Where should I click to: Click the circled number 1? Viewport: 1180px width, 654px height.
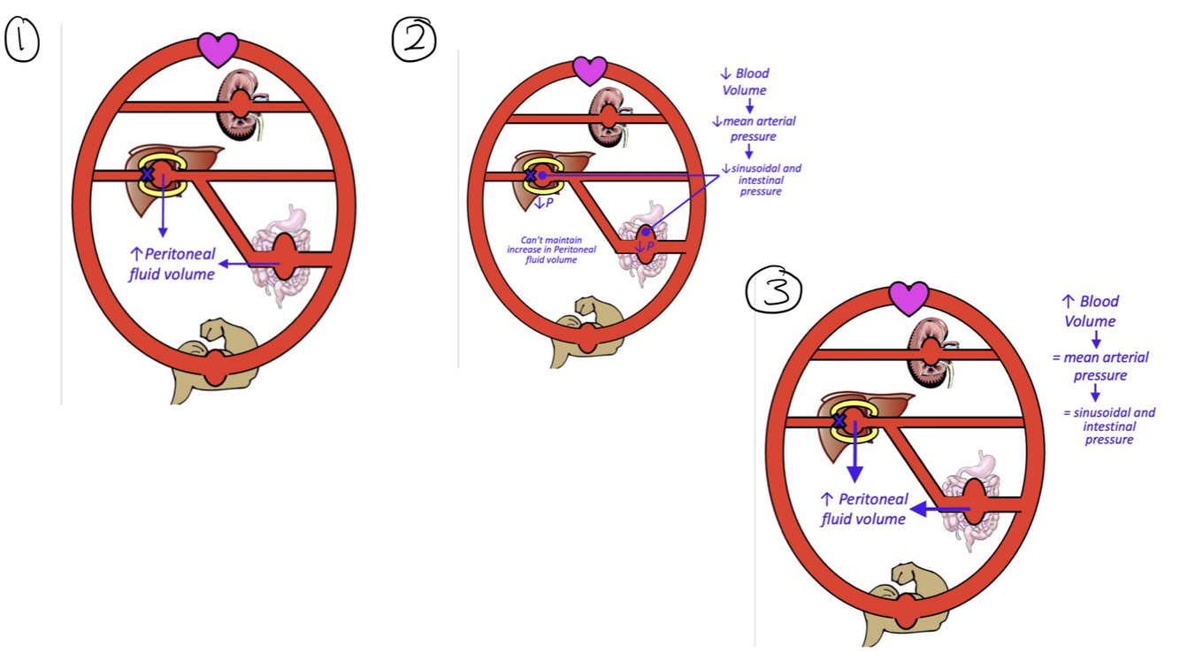point(22,42)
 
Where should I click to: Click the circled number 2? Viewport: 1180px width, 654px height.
point(415,40)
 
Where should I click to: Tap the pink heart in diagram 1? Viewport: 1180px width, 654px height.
point(218,50)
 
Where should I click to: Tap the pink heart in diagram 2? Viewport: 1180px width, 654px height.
point(590,70)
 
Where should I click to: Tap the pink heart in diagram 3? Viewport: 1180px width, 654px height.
point(908,299)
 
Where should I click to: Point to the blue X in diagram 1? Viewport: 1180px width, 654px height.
point(149,174)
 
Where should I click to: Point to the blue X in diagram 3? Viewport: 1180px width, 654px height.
point(839,421)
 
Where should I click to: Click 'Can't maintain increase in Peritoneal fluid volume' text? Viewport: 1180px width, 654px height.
point(551,250)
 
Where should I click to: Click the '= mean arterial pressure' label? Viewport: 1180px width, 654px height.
point(1100,366)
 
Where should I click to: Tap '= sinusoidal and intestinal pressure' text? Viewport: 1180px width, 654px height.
point(1109,426)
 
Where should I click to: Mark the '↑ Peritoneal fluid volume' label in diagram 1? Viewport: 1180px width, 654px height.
point(172,264)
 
